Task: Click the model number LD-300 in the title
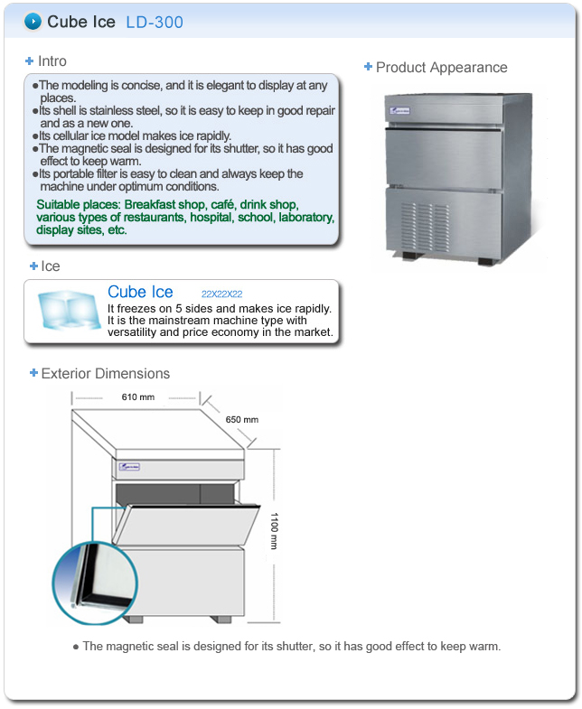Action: (154, 22)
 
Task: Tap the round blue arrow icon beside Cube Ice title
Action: (33, 21)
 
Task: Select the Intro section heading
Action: (52, 61)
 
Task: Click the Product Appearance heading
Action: (441, 68)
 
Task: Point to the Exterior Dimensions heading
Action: (105, 373)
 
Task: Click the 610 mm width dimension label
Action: (137, 397)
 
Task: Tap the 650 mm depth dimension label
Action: (242, 420)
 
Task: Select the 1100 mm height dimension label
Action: (276, 530)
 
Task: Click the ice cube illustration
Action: (65, 312)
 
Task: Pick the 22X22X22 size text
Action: (221, 294)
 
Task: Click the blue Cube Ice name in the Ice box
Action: (140, 292)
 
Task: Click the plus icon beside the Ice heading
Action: (33, 266)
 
